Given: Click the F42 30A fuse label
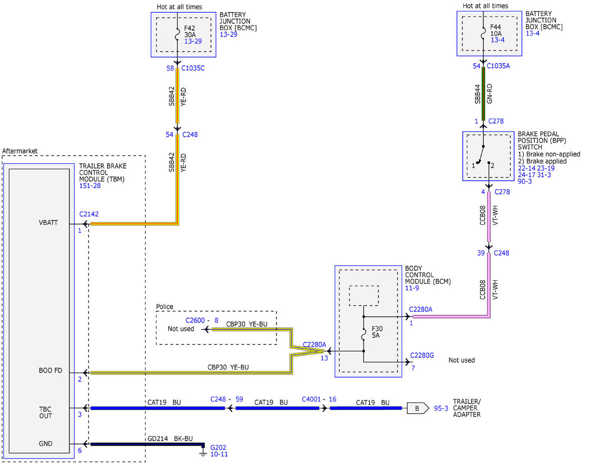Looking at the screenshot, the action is [190, 32].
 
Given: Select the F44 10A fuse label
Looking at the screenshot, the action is [496, 31].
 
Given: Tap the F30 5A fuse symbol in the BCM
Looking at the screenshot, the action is [364, 334].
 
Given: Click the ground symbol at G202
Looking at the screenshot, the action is [203, 453].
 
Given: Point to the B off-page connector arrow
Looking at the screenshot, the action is [418, 408].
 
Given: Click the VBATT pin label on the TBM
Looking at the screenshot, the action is [49, 223].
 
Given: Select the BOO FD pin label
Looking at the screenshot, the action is [51, 370].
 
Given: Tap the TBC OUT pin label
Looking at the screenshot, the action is [46, 412].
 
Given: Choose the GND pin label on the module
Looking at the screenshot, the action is [46, 443].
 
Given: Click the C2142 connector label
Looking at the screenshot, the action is [89, 214].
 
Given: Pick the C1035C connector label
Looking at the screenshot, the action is [193, 68].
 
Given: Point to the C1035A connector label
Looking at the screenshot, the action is [498, 66].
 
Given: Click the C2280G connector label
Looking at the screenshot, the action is [422, 355].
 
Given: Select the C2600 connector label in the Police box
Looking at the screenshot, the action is [195, 320].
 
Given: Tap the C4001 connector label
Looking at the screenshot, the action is [311, 399].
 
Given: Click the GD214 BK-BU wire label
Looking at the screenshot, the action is [170, 438].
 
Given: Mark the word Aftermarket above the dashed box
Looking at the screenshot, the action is [20, 151].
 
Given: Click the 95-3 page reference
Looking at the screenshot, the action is [441, 408].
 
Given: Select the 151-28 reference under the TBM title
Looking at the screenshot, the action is [90, 186].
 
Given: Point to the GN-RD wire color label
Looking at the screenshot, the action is [489, 94].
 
